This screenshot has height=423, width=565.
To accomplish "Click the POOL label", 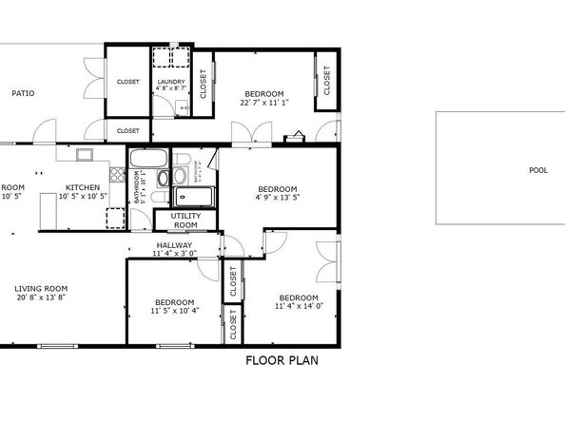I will [538, 171].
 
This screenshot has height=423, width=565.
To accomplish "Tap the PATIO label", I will [23, 93].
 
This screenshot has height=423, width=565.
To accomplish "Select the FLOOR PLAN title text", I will [282, 360].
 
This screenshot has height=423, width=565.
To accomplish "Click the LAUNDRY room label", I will [171, 83].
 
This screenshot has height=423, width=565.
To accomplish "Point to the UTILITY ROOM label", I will [185, 221].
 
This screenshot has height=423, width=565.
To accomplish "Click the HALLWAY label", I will [174, 245].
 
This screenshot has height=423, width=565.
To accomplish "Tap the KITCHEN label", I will [83, 187].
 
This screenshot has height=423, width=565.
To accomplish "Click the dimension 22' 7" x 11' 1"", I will [264, 103].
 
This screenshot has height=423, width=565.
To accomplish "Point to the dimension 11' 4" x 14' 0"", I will [300, 306].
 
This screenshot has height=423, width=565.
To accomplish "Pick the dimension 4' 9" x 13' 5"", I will [278, 198].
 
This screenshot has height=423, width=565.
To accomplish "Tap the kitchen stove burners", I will [117, 175].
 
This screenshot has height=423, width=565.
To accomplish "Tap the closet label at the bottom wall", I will [232, 324].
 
